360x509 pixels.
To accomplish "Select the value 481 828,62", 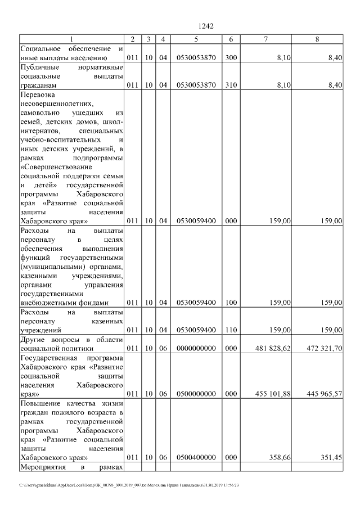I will (273, 349).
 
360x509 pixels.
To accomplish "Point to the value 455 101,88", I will (273, 394).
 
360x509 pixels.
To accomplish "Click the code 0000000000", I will (196, 349).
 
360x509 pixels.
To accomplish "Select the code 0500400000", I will (196, 458).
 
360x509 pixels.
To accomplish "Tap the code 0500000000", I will (196, 394).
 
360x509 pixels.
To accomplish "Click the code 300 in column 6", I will (231, 57).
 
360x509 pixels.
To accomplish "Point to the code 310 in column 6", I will (231, 85).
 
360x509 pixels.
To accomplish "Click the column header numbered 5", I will (196, 39).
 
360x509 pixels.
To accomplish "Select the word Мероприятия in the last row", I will (43, 467).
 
